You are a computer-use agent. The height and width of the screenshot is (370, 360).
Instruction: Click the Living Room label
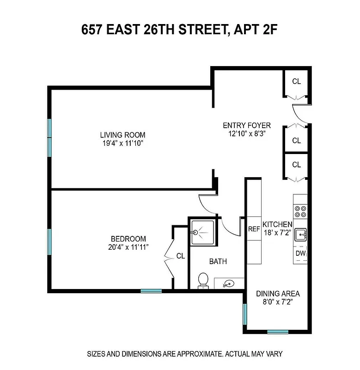(x=122, y=135)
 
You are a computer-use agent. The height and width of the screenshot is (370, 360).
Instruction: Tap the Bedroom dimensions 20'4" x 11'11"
(x=128, y=247)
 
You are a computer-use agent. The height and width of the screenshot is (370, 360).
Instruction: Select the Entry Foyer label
(x=247, y=125)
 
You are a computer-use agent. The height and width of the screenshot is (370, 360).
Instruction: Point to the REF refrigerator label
(x=254, y=228)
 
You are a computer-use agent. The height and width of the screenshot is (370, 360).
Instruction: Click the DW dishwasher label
(x=300, y=254)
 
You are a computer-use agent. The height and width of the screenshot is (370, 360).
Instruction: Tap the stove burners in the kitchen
(x=300, y=211)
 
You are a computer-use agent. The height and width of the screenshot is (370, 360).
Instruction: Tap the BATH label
(x=218, y=261)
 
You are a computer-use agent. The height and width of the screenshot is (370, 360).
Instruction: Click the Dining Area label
(x=278, y=294)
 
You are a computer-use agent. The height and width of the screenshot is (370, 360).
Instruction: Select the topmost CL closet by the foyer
(x=296, y=82)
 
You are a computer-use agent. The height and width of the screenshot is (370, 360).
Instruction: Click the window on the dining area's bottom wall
(x=278, y=332)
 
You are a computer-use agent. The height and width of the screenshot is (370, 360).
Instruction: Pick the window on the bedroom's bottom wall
(x=151, y=291)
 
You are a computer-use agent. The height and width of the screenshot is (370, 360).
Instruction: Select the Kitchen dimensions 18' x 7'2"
(x=278, y=232)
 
